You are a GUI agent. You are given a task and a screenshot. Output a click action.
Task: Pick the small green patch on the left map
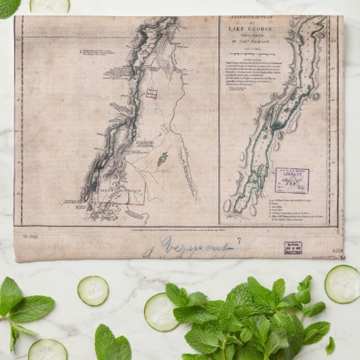pos(162,160)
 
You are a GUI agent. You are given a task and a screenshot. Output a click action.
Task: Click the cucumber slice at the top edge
pos(49,5)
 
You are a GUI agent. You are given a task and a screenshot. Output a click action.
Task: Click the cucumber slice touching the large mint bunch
pos(161,312)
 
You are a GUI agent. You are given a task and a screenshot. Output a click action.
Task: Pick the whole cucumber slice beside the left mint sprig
pos(93,290)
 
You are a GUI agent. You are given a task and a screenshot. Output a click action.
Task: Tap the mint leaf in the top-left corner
pos(9,7)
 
